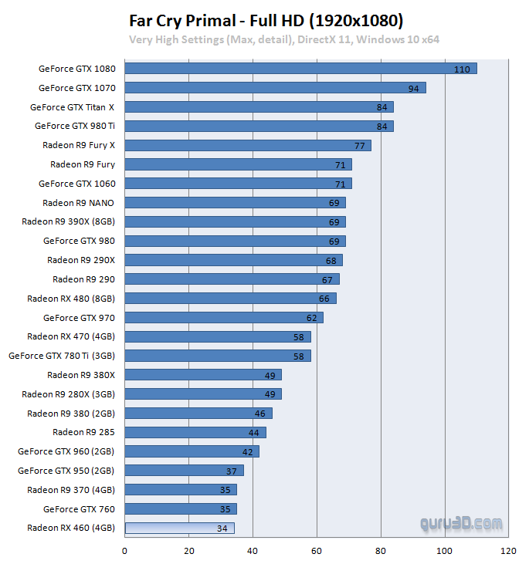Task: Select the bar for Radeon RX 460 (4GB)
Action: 179,529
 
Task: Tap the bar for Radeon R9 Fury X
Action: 247,145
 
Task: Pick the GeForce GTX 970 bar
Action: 223,317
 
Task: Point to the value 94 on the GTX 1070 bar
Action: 413,88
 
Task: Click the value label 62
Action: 311,317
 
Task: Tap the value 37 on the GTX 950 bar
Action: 231,471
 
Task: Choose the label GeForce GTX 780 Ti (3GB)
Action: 61,356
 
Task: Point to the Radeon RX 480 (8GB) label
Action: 70,299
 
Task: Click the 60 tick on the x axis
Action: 317,551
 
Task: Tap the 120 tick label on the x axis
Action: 508,551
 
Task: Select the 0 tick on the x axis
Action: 124,551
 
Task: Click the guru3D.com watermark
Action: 462,524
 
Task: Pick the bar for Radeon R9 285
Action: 195,433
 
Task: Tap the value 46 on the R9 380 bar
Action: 260,414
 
